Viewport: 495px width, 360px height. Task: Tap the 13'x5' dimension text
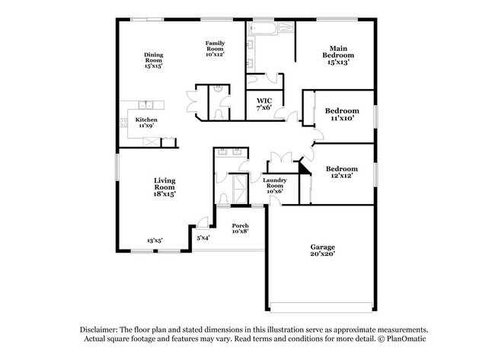pos(155,241)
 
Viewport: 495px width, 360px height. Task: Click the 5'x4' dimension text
pos(203,238)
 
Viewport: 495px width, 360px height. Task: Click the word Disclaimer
pos(101,330)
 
